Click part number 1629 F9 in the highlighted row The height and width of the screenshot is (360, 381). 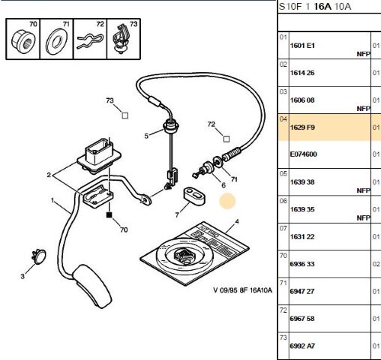coord(302,127)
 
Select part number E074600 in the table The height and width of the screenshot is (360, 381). coord(304,154)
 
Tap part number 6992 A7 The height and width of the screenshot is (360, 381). coord(302,346)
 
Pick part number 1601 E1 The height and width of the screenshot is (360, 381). coord(302,46)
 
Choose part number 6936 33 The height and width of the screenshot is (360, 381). coord(302,264)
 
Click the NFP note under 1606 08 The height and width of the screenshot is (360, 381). coord(363,109)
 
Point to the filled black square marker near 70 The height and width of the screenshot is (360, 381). coord(109,214)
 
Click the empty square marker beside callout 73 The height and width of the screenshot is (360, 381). coord(125,115)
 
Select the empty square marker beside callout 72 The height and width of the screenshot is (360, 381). coord(226,139)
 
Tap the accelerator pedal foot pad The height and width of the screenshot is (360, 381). coord(92,286)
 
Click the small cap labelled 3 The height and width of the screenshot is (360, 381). coord(39,256)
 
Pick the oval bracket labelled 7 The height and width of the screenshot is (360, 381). coord(195,196)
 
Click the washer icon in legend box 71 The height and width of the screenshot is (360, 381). coord(57,42)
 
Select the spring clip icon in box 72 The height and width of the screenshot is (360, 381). coord(90,41)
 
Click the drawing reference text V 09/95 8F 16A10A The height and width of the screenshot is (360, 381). coord(242,290)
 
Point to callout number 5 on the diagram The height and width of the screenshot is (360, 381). coord(146,136)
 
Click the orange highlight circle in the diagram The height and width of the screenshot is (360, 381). coord(227,201)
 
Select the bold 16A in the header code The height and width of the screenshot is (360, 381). coord(322,6)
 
